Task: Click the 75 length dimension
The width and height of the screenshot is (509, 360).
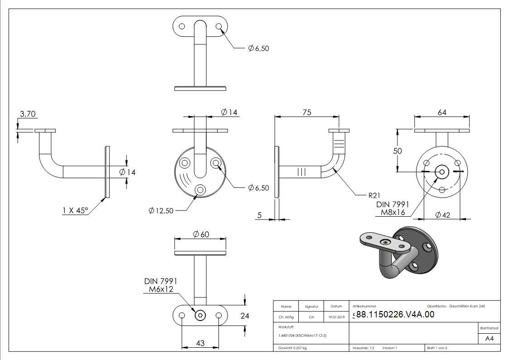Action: point(307,112)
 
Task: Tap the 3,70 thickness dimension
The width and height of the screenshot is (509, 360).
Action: point(28,114)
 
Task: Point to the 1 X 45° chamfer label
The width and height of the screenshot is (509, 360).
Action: point(75,210)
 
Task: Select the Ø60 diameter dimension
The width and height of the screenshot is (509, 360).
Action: point(201,234)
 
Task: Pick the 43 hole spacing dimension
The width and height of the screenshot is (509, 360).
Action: point(200,344)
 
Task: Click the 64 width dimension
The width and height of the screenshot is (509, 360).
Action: point(442,112)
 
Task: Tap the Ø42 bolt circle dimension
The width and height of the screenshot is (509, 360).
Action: point(443,215)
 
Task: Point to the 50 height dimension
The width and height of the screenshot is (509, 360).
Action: point(397,151)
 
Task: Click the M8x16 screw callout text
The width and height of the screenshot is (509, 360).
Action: point(393,212)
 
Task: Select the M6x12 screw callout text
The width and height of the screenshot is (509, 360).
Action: point(159,289)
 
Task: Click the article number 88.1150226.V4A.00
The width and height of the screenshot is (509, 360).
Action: point(395,315)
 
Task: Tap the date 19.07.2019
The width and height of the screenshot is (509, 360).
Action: point(336,317)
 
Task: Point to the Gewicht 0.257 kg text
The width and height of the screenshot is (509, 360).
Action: point(292,348)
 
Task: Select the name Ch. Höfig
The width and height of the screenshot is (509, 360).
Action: point(286,317)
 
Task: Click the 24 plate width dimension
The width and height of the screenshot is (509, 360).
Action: point(245,316)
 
